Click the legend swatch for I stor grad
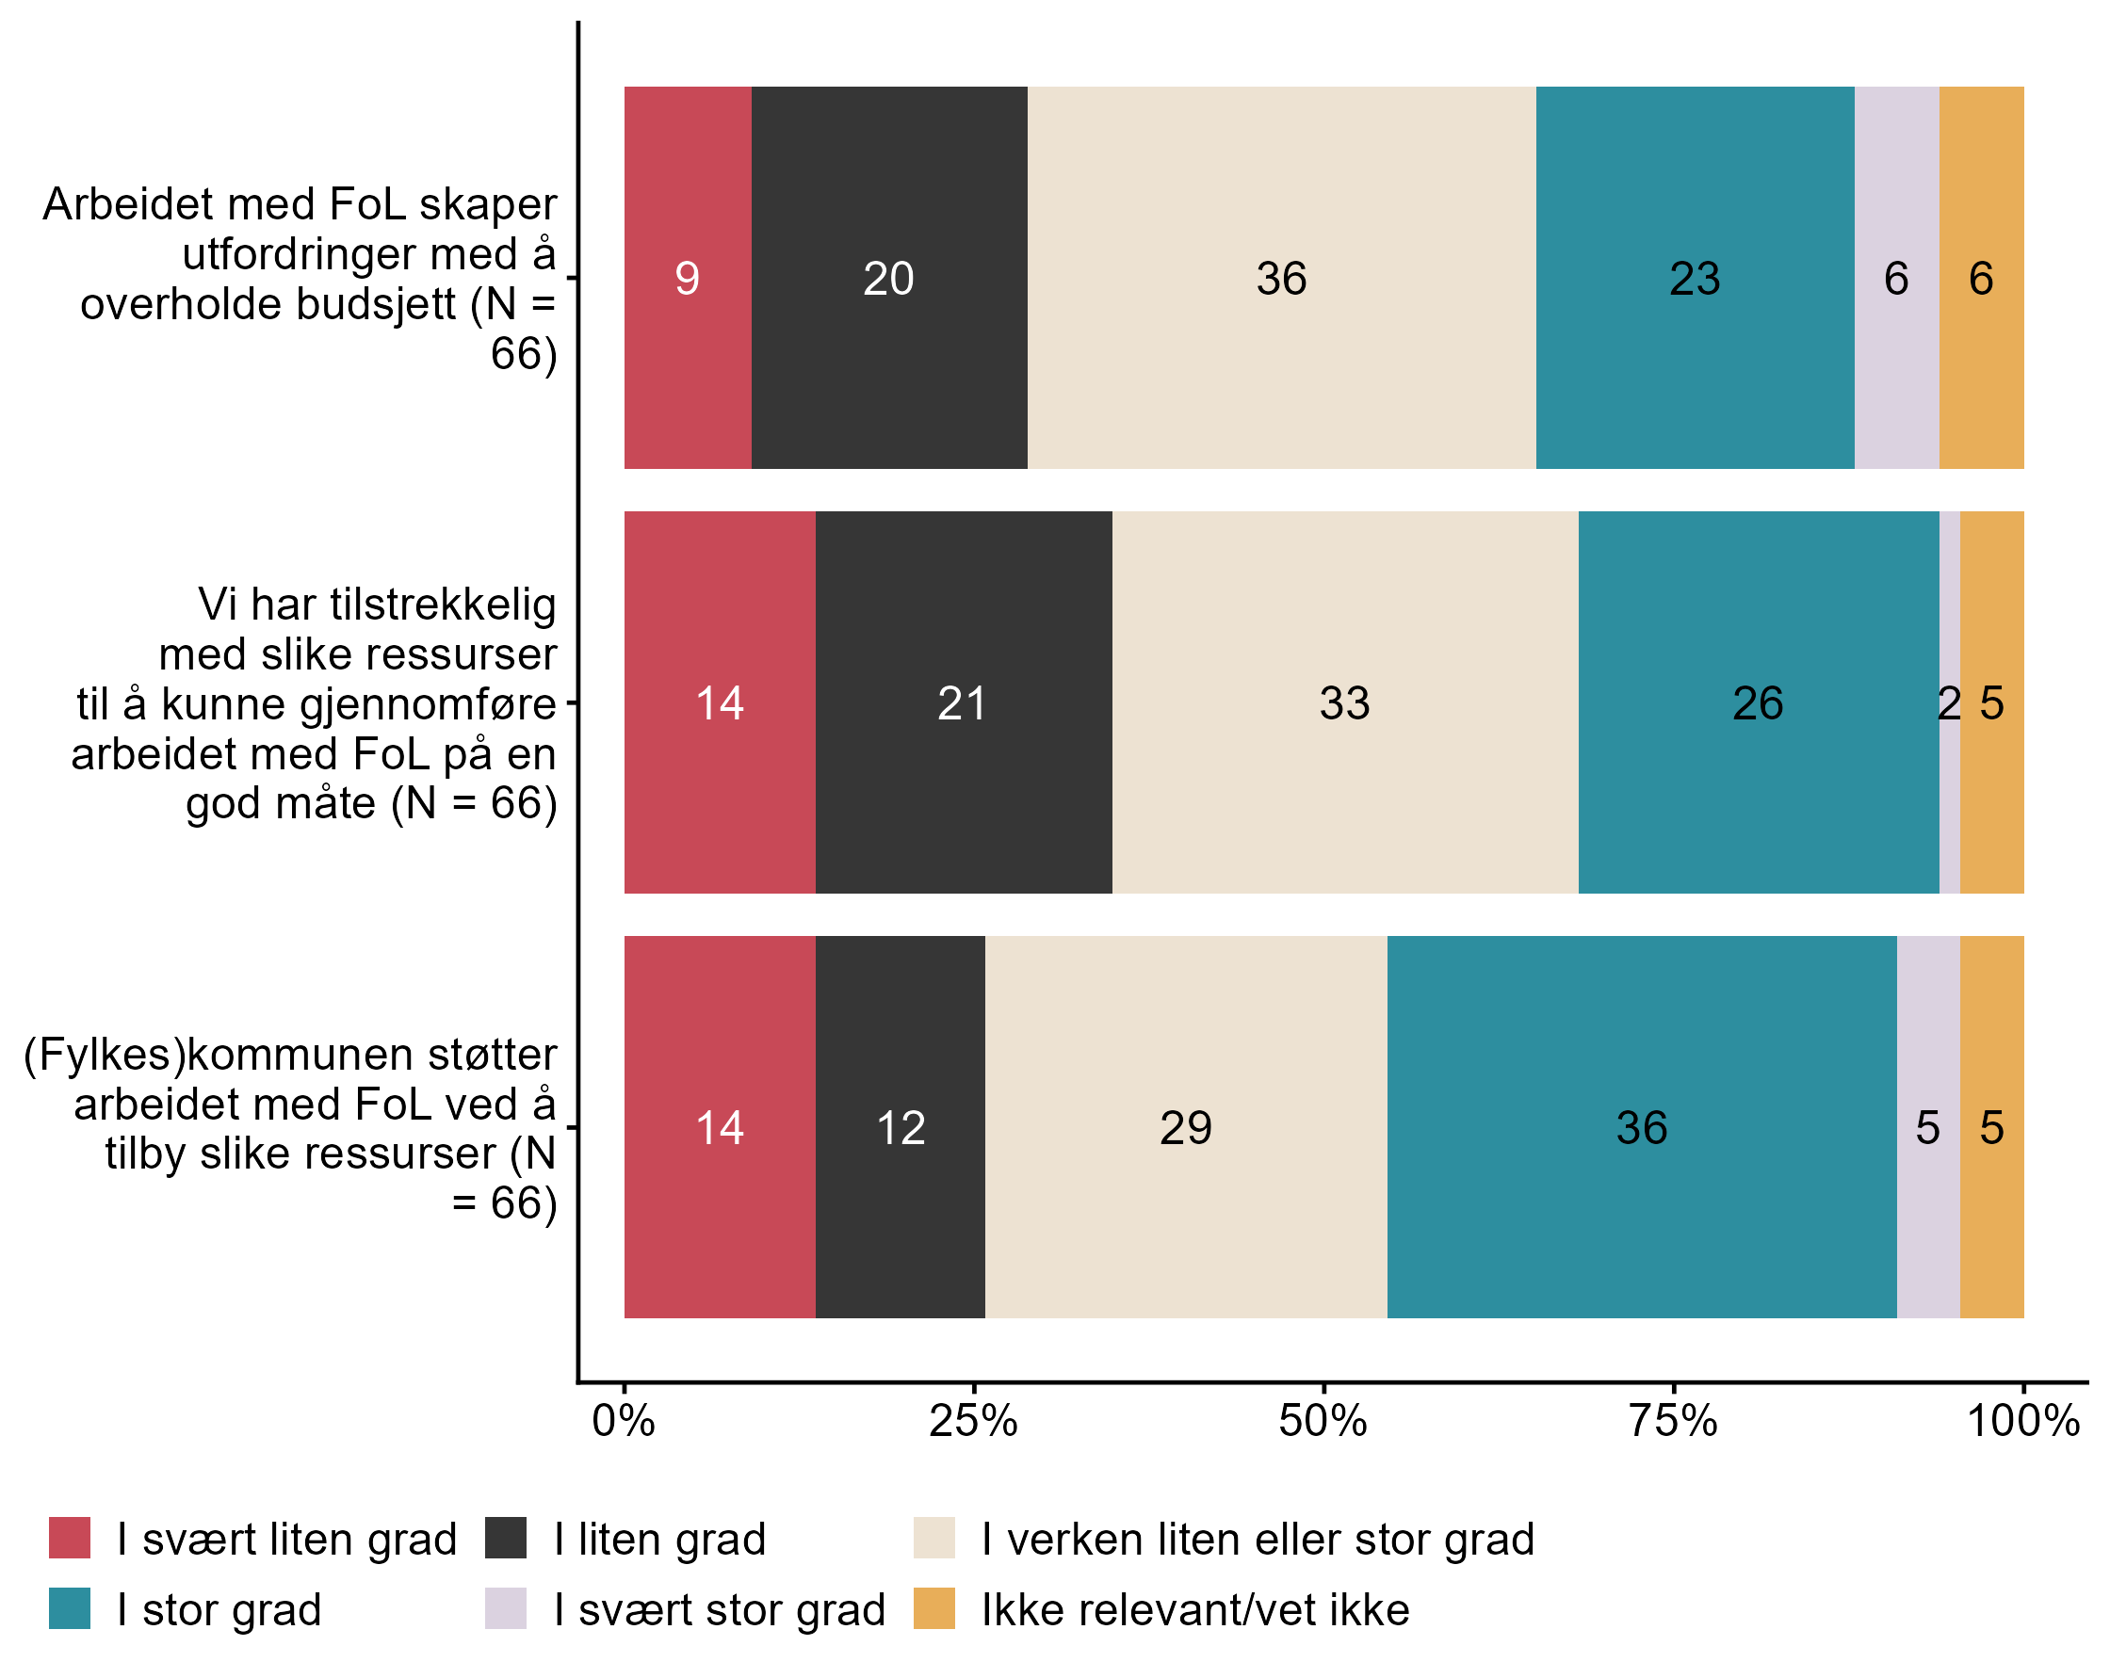[x=70, y=1609]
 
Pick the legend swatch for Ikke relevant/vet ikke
[x=933, y=1609]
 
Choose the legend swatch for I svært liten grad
[x=70, y=1538]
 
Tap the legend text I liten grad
[x=659, y=1540]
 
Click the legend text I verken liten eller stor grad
[x=1258, y=1540]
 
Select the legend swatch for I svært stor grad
[x=505, y=1609]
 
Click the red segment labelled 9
[x=687, y=278]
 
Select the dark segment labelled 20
[x=888, y=278]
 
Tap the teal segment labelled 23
[x=1694, y=278]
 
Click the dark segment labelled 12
[x=901, y=1127]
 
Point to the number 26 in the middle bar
[x=1758, y=703]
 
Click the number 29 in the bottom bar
[x=1185, y=1128]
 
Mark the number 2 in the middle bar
[x=1949, y=703]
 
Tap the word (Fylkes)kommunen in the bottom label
[x=290, y=1055]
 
